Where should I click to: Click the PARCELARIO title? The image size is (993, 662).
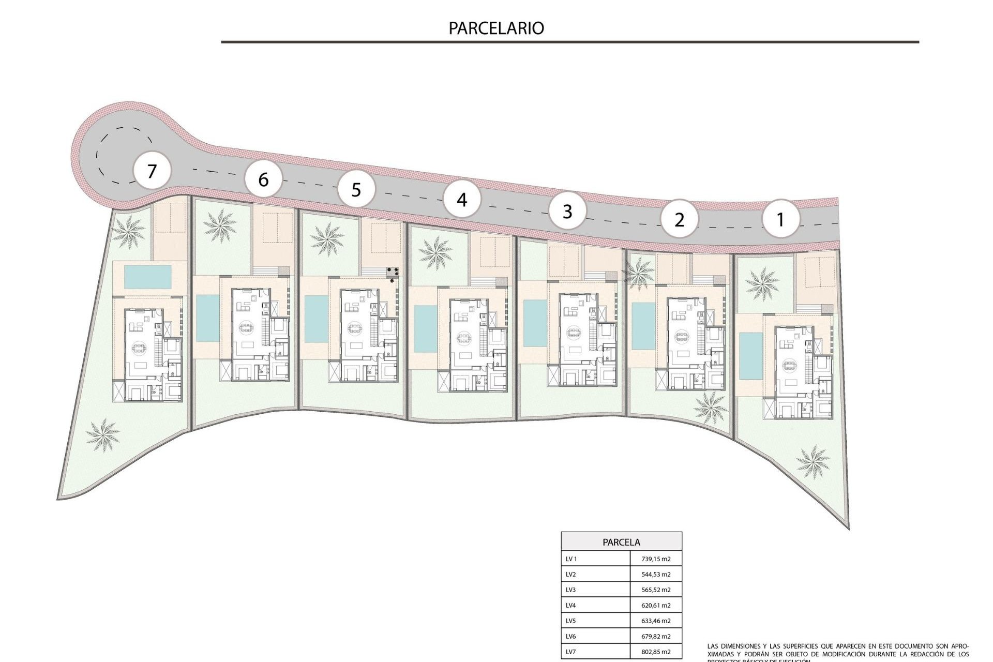496,28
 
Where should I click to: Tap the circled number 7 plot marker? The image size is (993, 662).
152,171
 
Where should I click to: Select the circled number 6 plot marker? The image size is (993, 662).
263,179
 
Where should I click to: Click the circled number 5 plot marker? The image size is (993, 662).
356,190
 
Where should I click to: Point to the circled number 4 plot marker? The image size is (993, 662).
462,199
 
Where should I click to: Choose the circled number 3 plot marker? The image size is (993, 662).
567,211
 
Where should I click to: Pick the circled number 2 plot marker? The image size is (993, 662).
679,220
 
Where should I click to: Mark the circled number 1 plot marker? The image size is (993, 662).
780,219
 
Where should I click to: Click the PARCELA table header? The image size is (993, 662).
621,542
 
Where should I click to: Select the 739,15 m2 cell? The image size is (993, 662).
655,559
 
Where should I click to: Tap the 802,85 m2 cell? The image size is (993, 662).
655,652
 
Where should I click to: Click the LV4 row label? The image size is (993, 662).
571,606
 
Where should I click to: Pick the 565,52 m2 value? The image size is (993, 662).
655,590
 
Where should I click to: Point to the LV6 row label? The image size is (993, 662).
571,637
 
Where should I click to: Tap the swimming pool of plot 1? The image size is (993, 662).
747,356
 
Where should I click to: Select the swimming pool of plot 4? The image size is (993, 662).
426,329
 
